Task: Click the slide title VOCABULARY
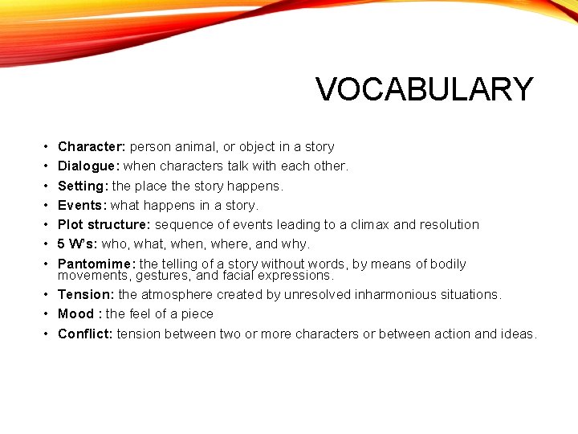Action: pyautogui.click(x=425, y=89)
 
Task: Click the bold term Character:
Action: pyautogui.click(x=92, y=146)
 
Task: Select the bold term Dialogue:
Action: pyautogui.click(x=89, y=166)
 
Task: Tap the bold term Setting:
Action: pyautogui.click(x=83, y=186)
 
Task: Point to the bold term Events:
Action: pyautogui.click(x=82, y=205)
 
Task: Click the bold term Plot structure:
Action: pyautogui.click(x=104, y=224)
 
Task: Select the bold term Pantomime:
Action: pyautogui.click(x=96, y=264)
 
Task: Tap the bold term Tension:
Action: pyautogui.click(x=86, y=294)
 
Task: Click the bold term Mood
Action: pyautogui.click(x=76, y=313)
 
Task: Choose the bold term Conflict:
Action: pyautogui.click(x=85, y=334)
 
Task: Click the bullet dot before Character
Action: pyautogui.click(x=47, y=147)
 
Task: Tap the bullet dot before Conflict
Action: pyautogui.click(x=47, y=334)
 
